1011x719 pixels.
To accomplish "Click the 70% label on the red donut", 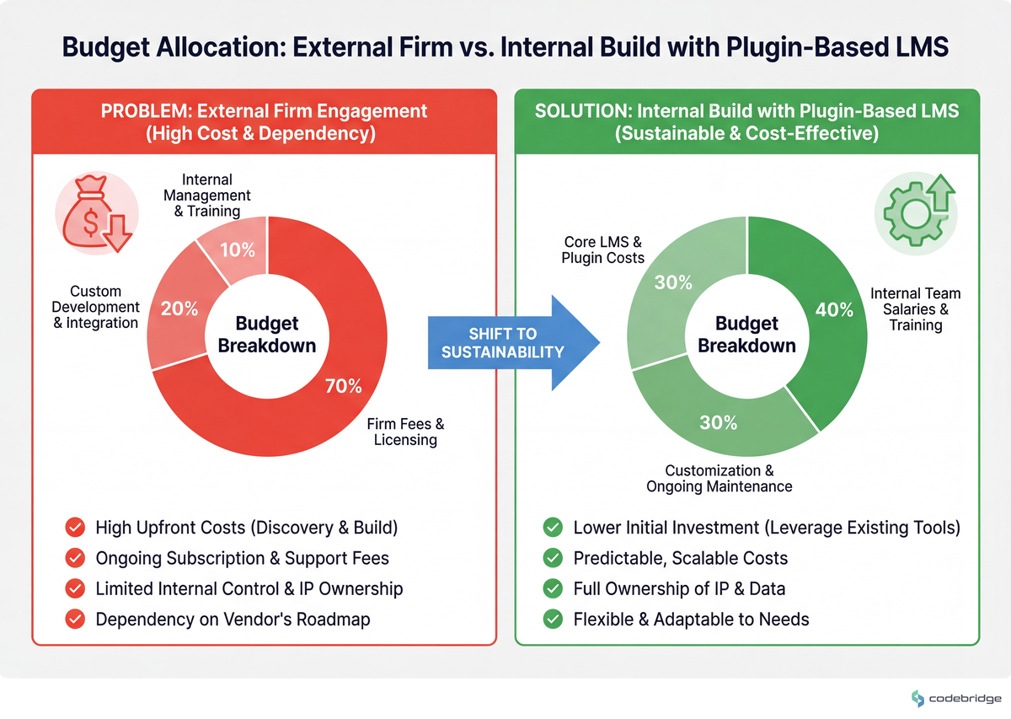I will pos(344,386).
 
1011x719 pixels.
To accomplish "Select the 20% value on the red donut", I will pos(179,309).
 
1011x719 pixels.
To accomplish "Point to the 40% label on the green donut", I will pos(834,309).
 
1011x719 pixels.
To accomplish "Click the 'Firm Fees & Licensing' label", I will pos(405,432).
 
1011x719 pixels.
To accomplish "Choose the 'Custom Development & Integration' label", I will pos(95,307).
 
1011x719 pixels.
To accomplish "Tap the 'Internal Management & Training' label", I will pos(207,196).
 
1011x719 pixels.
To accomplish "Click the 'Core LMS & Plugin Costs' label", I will pos(602,250).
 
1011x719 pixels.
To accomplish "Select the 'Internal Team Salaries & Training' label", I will pos(916,309).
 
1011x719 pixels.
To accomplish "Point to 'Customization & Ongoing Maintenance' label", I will pos(719,478).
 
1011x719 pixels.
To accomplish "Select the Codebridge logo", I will pos(956,698).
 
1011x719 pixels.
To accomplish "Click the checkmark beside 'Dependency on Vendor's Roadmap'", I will pos(75,620).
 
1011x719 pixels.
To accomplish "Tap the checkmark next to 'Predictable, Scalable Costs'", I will pos(553,558).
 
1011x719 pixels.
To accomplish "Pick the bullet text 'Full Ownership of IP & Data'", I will pos(679,589).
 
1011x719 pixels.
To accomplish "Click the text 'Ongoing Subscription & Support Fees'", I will pos(243,558).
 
